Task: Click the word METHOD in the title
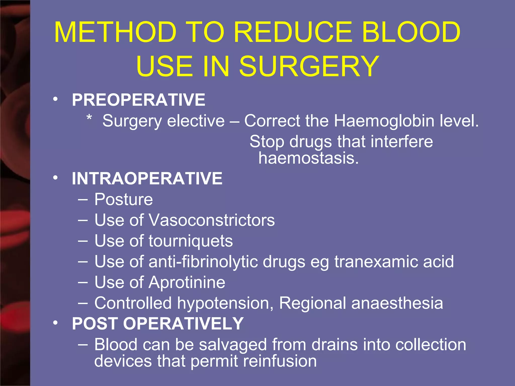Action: pos(115,32)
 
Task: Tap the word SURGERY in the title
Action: pos(309,66)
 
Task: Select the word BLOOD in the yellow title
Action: pos(411,32)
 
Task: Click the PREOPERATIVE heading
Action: pos(139,100)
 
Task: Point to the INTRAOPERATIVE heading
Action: pos(147,179)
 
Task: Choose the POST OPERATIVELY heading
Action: pos(158,323)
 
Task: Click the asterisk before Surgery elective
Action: pos(89,118)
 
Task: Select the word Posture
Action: pos(123,200)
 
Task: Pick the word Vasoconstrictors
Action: pos(212,220)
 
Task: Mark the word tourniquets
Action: pos(191,241)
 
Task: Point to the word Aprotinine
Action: pos(187,282)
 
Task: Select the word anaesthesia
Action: pos(397,303)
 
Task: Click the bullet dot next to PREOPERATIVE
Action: pos(55,99)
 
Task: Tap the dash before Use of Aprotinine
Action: pos(83,282)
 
